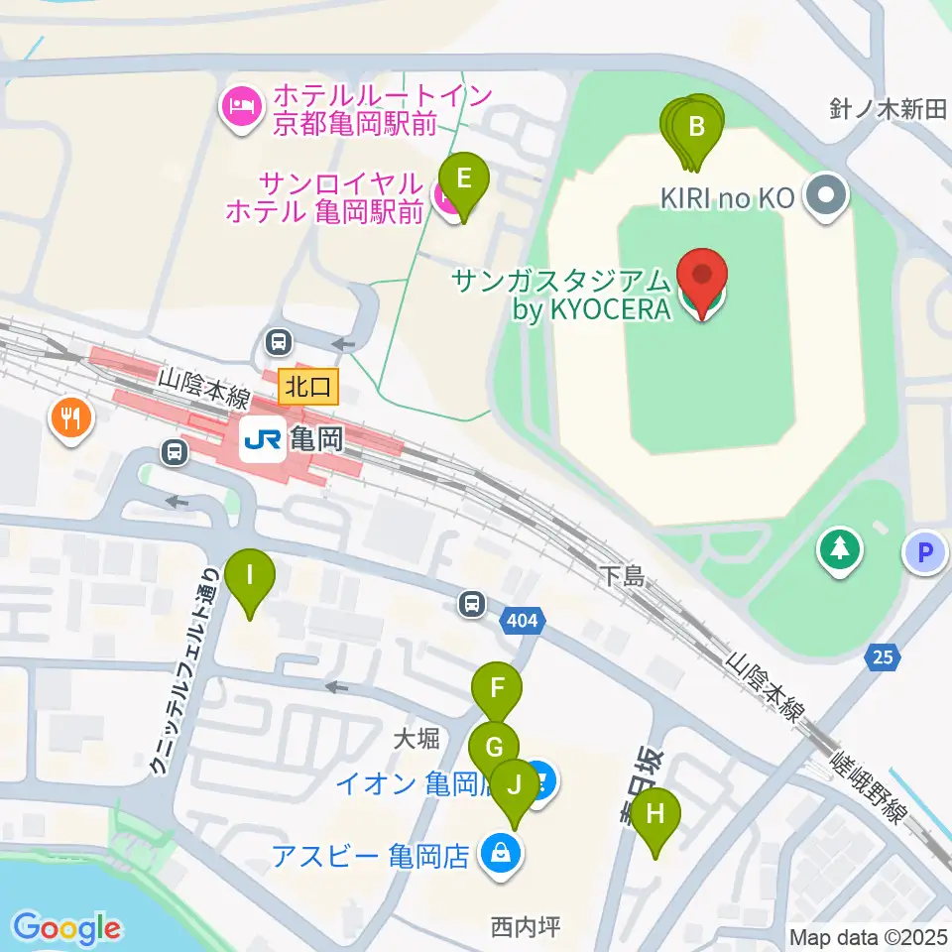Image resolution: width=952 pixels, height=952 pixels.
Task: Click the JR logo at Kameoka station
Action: tap(262, 437)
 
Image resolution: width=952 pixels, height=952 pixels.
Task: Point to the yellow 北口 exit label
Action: tap(308, 385)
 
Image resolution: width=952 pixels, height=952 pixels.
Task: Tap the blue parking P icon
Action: tap(926, 553)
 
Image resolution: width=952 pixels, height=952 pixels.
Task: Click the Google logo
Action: tap(66, 928)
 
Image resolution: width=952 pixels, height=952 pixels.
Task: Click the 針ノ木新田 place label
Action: tap(888, 109)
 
